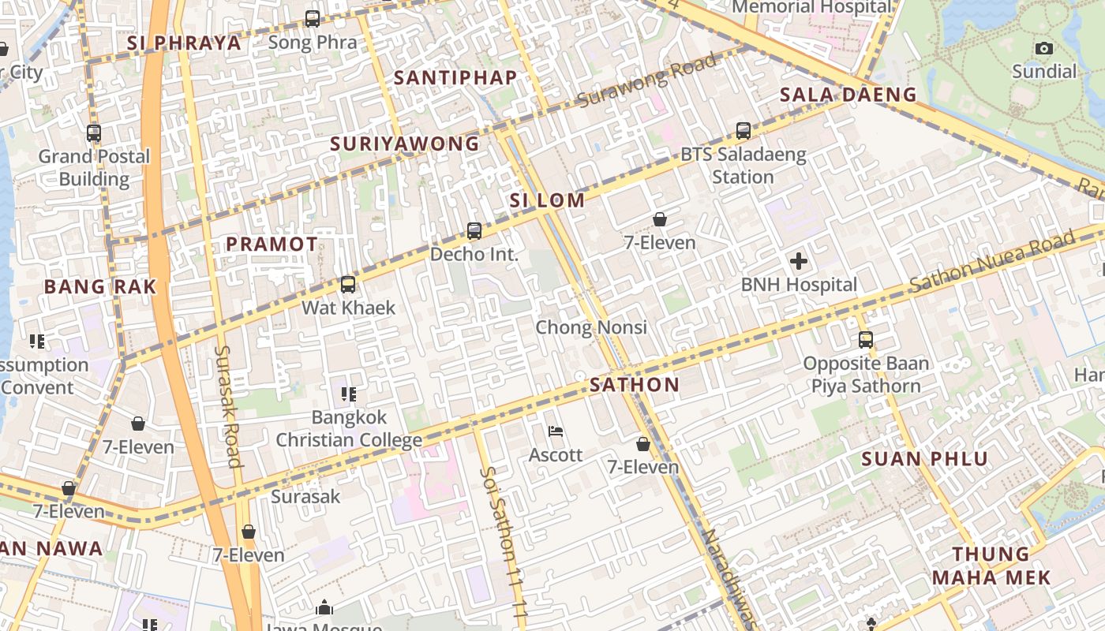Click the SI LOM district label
pos(547,200)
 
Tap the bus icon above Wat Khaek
pos(348,285)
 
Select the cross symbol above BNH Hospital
pos(799,261)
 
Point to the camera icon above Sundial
pos(1044,49)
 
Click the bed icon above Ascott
pos(556,431)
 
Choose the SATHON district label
pos(634,385)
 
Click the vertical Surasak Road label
pos(228,406)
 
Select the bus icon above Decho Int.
pos(474,231)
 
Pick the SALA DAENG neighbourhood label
pos(848,95)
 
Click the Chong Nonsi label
pos(591,327)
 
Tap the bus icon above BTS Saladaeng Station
pos(743,131)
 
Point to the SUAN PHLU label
pos(924,459)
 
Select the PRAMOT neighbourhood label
pos(272,245)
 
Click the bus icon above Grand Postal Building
pos(94,133)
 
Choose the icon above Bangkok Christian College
pos(348,394)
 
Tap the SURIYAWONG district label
pos(404,144)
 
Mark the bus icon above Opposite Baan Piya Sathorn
pos(866,340)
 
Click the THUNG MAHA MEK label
pos(991,566)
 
